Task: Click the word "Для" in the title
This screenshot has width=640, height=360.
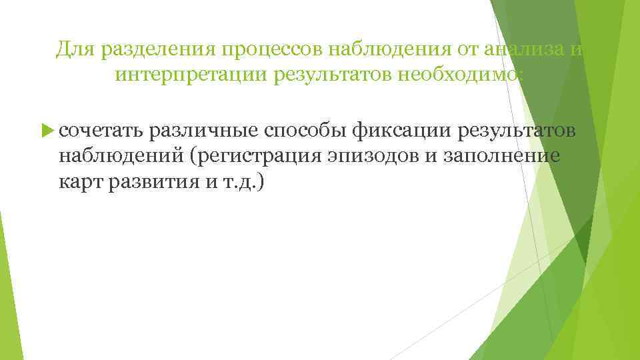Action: (x=71, y=48)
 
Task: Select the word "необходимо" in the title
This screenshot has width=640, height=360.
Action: (x=453, y=76)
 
